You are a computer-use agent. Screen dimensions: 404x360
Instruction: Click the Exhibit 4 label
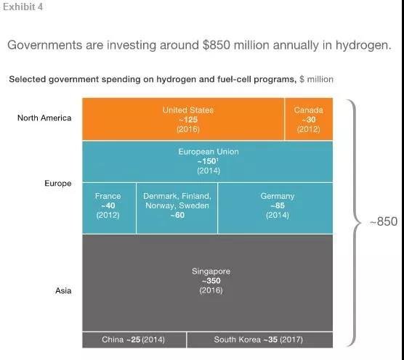23,7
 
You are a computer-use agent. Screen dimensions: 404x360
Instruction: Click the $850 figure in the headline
216,45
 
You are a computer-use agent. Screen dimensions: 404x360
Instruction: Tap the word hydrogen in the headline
363,46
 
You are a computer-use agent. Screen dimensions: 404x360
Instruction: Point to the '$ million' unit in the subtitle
316,79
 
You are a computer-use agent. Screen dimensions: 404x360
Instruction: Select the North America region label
44,118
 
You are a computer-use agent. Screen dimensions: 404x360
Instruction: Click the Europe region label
58,184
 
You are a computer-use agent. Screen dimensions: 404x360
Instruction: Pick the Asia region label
63,291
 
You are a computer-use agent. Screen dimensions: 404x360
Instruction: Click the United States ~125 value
188,120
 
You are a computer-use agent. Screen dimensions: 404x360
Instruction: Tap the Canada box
309,120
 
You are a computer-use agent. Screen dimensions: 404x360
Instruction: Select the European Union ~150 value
209,161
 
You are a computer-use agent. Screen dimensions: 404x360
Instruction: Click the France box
109,208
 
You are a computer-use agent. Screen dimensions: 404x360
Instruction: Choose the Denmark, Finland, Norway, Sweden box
177,208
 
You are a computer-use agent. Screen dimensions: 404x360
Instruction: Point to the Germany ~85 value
278,205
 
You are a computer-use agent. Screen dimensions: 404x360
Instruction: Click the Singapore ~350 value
211,281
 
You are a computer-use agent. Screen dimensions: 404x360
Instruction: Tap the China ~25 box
134,340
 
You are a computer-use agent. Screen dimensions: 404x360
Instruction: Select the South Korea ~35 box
259,340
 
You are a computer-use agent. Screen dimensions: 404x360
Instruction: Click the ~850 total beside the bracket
384,221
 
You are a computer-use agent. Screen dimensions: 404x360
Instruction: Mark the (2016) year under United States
188,129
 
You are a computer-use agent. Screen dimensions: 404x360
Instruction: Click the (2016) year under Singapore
211,290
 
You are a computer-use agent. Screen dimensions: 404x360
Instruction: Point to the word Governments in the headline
44,45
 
